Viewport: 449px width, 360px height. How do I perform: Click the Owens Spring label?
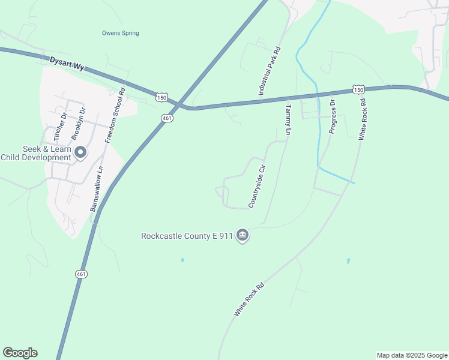pyautogui.click(x=120, y=33)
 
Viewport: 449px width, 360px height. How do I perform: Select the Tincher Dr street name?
pyautogui.click(x=58, y=126)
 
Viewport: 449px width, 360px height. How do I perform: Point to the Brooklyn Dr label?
pyautogui.click(x=76, y=124)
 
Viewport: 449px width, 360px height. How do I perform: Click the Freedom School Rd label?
pyautogui.click(x=115, y=115)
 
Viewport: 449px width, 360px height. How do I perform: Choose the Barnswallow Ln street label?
pyautogui.click(x=97, y=188)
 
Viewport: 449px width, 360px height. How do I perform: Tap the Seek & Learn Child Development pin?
pyautogui.click(x=80, y=154)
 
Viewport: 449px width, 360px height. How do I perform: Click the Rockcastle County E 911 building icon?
pyautogui.click(x=243, y=235)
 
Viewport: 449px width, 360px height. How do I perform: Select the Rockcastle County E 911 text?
pyautogui.click(x=187, y=236)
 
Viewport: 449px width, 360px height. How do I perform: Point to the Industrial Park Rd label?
pyautogui.click(x=270, y=73)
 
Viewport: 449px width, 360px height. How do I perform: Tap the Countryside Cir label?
pyautogui.click(x=257, y=185)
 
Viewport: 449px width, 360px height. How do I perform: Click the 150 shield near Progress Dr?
pyautogui.click(x=358, y=89)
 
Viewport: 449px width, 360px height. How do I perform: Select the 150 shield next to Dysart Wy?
pyautogui.click(x=161, y=97)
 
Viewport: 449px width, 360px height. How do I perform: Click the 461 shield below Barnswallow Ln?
pyautogui.click(x=82, y=274)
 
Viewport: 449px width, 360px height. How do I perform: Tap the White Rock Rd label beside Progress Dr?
pyautogui.click(x=362, y=119)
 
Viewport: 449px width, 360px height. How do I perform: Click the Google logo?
pyautogui.click(x=20, y=353)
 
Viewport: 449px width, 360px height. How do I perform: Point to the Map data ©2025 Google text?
pyautogui.click(x=412, y=355)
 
